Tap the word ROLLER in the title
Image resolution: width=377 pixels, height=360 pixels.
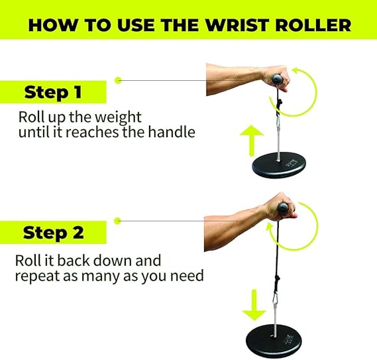313,25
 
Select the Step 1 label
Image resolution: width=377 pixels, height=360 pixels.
53,92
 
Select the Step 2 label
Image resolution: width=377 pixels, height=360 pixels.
54,233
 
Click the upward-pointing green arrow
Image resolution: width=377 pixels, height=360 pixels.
252,141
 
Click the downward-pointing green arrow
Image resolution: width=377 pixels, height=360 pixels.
254,305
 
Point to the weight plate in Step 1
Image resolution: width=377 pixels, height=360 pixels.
279,165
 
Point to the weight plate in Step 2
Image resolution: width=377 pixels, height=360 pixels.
274,341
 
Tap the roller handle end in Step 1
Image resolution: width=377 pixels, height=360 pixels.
277,80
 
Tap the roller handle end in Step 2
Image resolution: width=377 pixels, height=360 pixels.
283,208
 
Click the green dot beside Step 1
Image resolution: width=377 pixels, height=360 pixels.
118,80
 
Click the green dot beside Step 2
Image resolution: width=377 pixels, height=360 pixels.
117,221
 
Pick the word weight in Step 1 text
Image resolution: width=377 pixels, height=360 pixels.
118,117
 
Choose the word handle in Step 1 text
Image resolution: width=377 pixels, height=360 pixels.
171,132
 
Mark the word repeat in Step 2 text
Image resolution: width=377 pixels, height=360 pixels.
38,276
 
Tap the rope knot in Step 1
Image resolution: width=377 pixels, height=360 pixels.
280,104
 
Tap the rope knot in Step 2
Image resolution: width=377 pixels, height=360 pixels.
277,280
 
